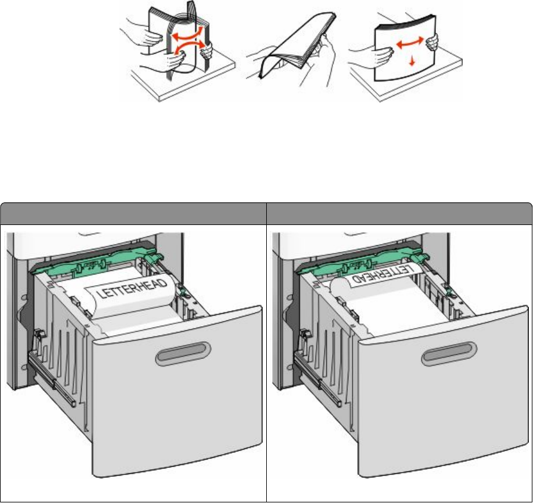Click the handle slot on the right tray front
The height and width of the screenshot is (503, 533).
[x=451, y=357]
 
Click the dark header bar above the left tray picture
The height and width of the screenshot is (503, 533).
[x=133, y=213]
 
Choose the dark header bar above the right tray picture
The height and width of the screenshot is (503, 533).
[x=399, y=213]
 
